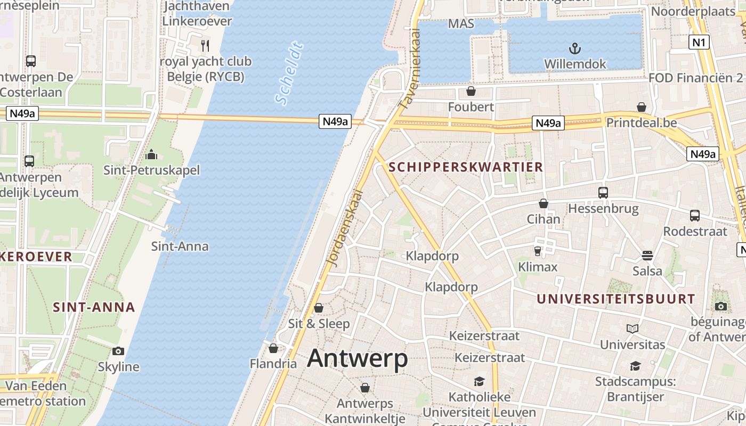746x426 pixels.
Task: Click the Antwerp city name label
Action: tap(358, 358)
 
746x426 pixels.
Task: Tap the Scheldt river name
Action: tap(290, 73)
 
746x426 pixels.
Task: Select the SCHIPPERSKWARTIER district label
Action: tap(466, 167)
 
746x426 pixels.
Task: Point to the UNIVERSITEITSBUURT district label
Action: tap(615, 299)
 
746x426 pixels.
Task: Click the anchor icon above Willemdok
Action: tap(574, 50)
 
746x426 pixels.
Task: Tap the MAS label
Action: tap(461, 23)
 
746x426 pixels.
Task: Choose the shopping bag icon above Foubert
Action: tap(471, 92)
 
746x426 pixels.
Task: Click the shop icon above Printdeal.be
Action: tap(642, 107)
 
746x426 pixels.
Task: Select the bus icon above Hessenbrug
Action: tap(603, 193)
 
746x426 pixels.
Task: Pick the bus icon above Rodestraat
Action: tap(695, 216)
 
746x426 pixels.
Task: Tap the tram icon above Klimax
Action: tap(537, 251)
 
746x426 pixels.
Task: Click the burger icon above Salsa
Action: tap(647, 255)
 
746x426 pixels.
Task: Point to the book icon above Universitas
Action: tap(633, 329)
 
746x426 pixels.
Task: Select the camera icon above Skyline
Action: tap(118, 351)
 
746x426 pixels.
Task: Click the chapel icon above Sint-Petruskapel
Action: tap(152, 155)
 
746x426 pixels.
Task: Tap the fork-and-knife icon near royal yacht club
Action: tap(205, 46)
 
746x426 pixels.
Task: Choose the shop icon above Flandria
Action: tap(273, 348)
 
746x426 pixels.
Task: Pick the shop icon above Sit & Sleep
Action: tap(319, 308)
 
